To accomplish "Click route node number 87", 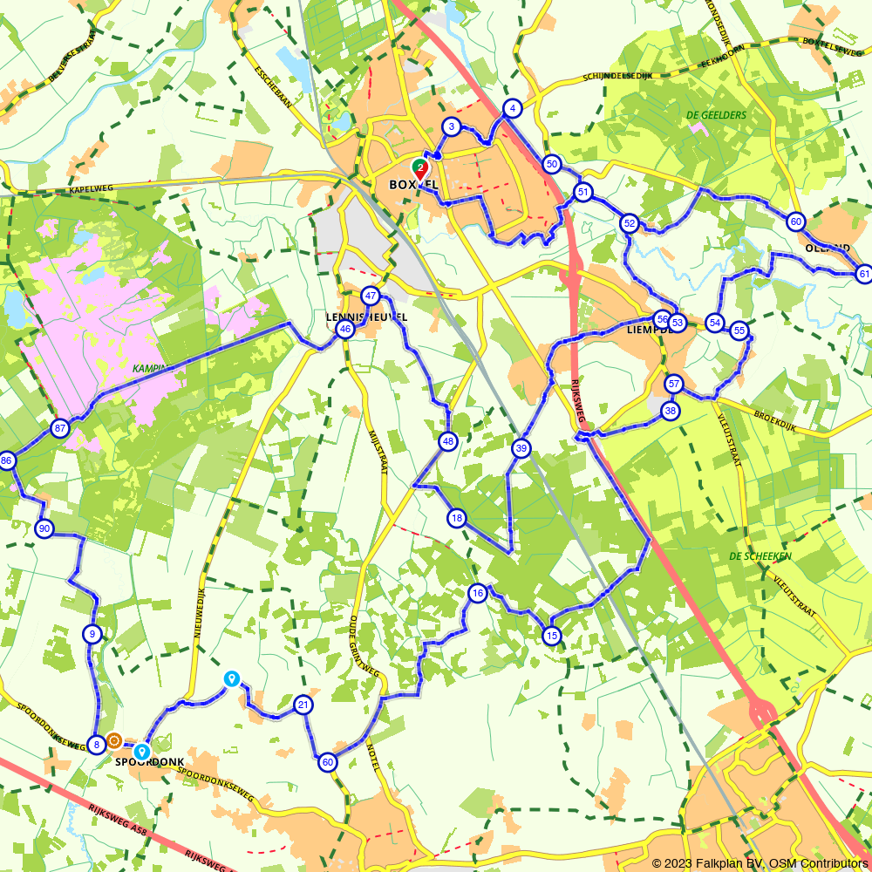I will tap(59, 428).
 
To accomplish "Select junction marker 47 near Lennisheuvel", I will tap(371, 296).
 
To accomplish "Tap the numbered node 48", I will tap(448, 441).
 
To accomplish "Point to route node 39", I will tap(521, 448).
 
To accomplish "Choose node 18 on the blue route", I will tap(457, 519).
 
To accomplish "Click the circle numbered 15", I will tap(551, 636).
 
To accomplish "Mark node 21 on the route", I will tap(303, 705).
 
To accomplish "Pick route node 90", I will tap(44, 528).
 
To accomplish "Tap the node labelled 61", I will tap(863, 274).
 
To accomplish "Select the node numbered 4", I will tap(513, 108).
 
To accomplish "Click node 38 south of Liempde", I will tap(670, 410).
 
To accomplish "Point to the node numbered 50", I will tap(551, 164).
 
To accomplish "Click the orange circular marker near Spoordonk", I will tap(114, 741).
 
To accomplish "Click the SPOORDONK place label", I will tap(150, 762).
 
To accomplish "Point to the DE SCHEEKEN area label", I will tap(760, 555).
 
